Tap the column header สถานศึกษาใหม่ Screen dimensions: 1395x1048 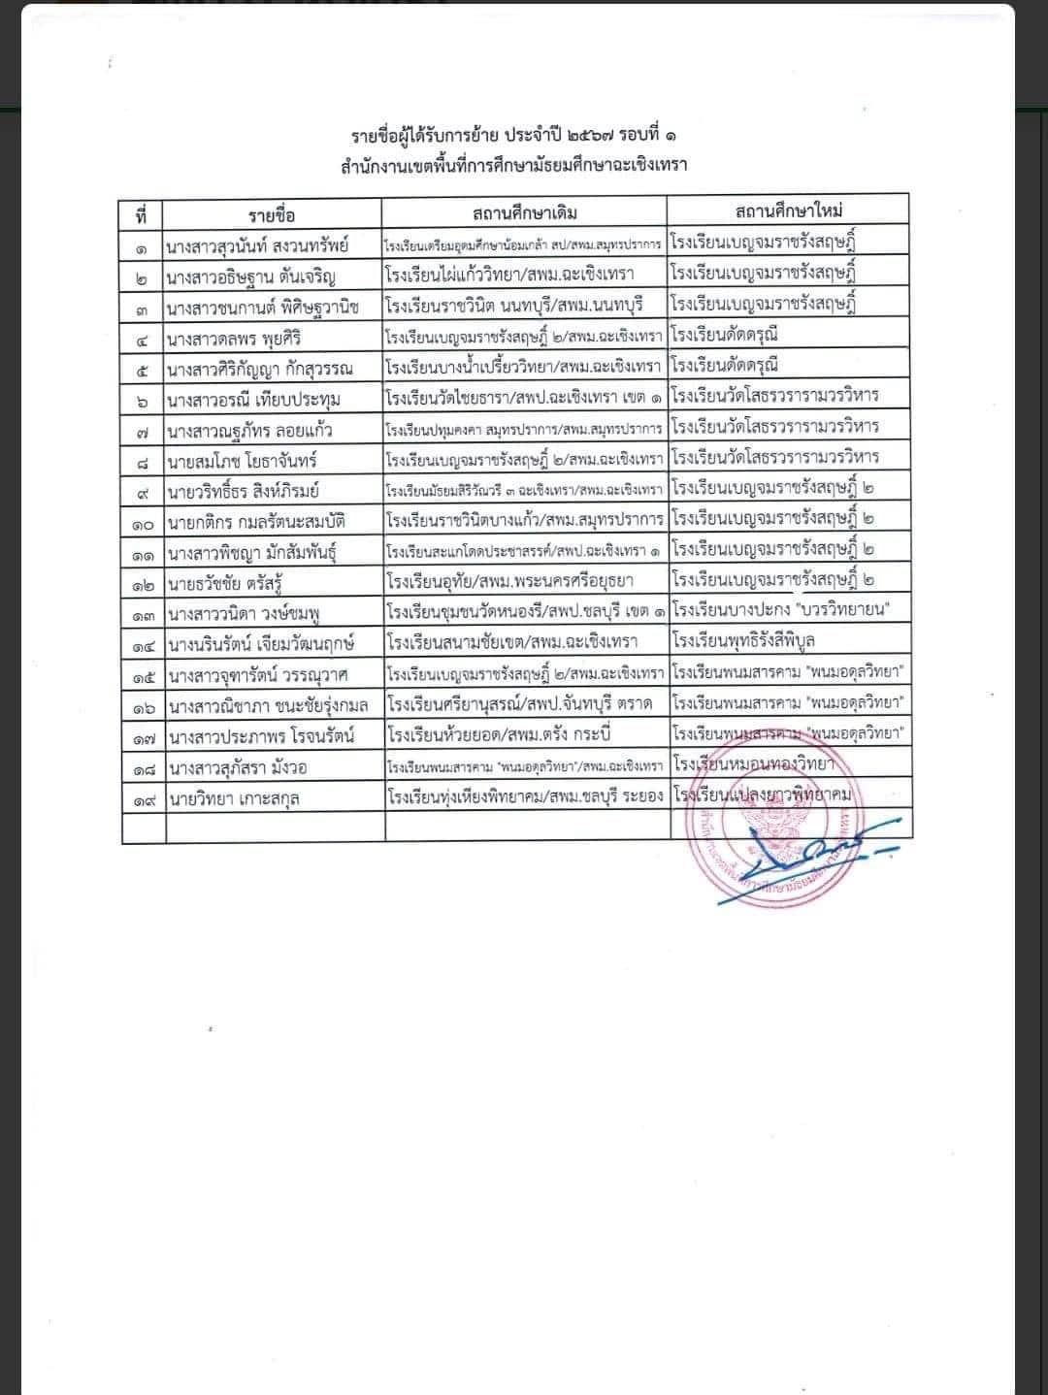coord(788,211)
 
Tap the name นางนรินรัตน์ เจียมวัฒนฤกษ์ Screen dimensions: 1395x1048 coord(260,643)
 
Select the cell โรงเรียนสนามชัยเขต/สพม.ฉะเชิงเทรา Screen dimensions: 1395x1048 coord(511,643)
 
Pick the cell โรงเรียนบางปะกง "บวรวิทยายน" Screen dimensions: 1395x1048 coord(781,610)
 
